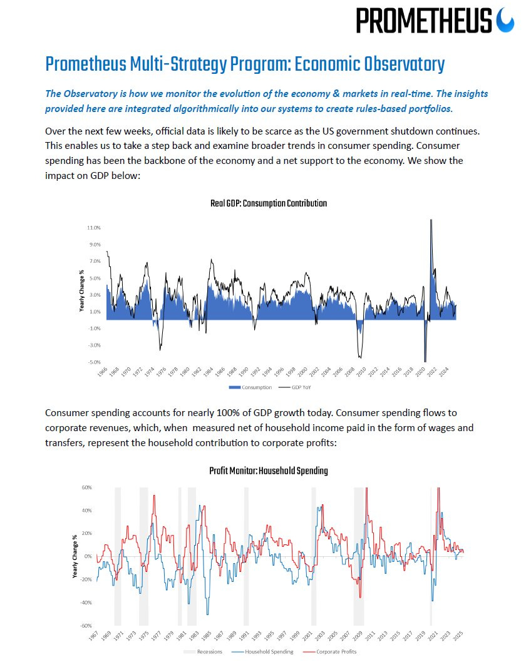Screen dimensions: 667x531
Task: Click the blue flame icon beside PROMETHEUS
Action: pyautogui.click(x=505, y=21)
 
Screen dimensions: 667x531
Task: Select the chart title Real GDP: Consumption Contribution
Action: pyautogui.click(x=268, y=203)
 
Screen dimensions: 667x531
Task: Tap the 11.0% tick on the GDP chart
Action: pyautogui.click(x=93, y=228)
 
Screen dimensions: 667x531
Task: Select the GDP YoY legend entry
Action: pyautogui.click(x=298, y=387)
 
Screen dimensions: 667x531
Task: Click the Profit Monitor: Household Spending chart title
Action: pyautogui.click(x=268, y=471)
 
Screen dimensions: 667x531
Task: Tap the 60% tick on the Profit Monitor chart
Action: pyautogui.click(x=87, y=487)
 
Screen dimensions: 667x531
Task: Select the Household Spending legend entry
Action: pyautogui.click(x=266, y=651)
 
